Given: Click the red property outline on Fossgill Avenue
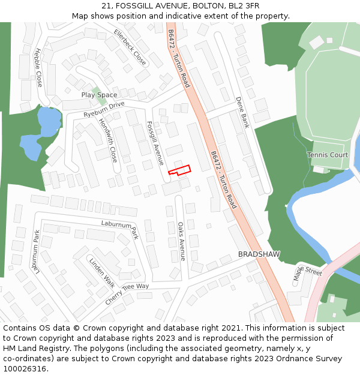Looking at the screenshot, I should click(x=179, y=170).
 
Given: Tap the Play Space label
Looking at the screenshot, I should click(x=99, y=95).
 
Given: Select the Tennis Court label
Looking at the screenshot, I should click(x=328, y=155).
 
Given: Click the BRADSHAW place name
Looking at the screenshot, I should click(x=259, y=254).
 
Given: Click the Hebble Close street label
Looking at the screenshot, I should click(x=38, y=67).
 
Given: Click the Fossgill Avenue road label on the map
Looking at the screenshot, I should click(x=155, y=143).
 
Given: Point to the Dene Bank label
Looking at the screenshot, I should click(x=242, y=112).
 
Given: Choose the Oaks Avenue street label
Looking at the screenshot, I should click(x=182, y=241).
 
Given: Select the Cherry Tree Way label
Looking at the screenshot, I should click(x=127, y=293).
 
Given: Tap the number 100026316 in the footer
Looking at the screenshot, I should click(x=25, y=369).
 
